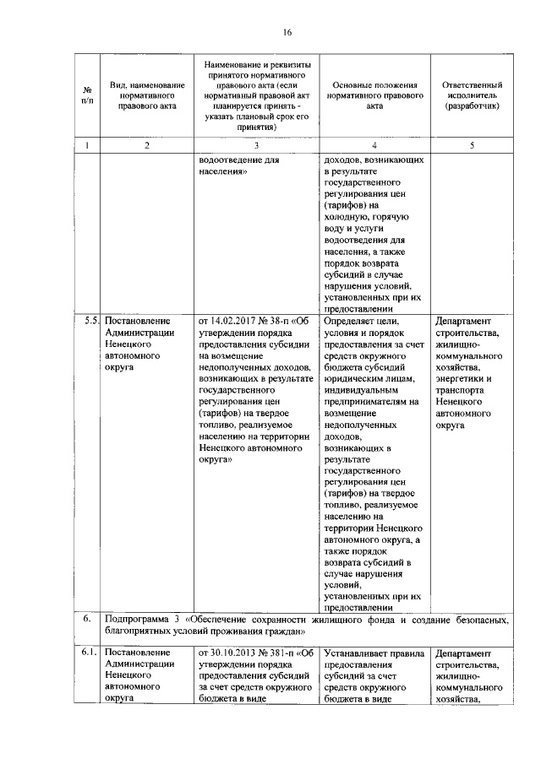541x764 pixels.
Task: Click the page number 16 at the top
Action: (x=287, y=32)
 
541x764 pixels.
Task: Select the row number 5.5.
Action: (x=91, y=321)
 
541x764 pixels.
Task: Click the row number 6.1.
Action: (x=90, y=653)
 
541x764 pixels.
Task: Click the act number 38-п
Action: (x=281, y=321)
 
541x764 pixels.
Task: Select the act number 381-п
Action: (x=284, y=653)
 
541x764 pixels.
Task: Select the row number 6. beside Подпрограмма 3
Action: (x=87, y=620)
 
